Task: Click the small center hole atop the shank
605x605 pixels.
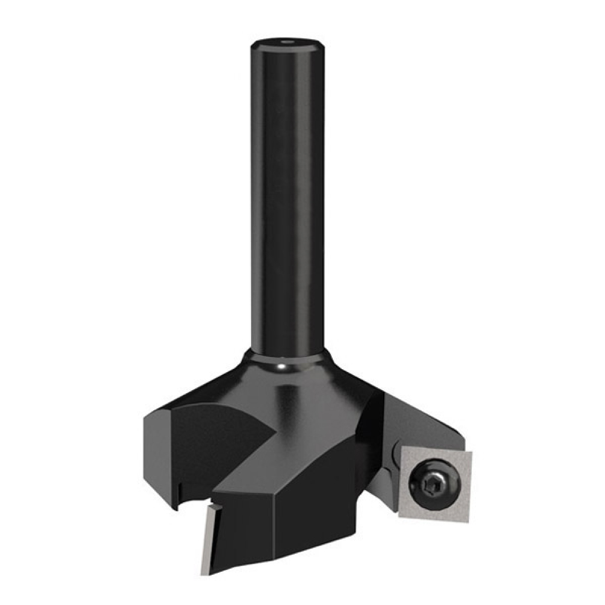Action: [287, 43]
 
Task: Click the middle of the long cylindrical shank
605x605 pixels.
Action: [287, 200]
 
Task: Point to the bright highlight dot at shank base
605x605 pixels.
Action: [282, 366]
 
